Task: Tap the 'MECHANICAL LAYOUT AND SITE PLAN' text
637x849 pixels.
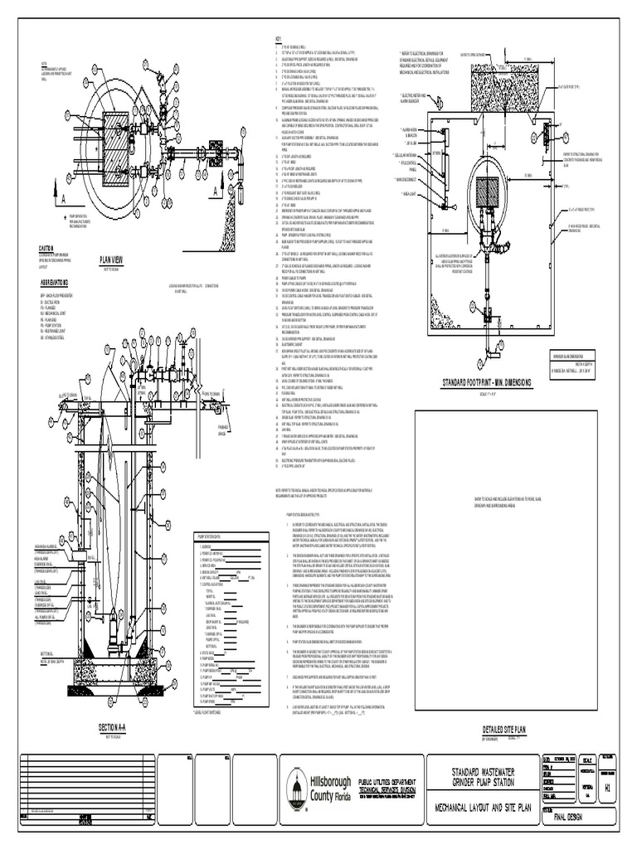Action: click(482, 809)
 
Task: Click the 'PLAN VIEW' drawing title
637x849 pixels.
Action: click(116, 258)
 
